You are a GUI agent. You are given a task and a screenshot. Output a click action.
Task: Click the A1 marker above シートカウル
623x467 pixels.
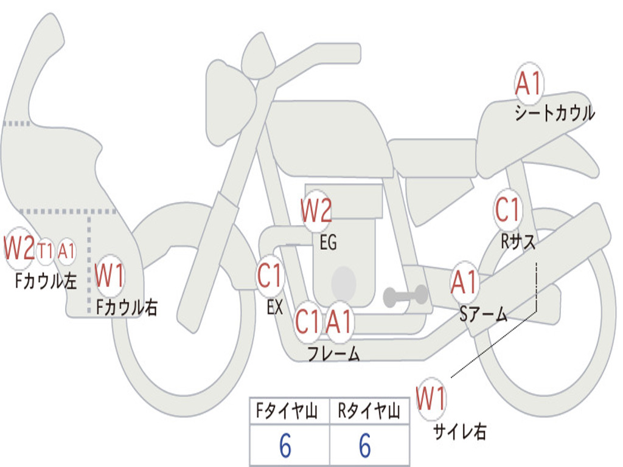pos(528,84)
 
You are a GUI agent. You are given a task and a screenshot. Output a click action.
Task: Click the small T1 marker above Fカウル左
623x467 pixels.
pos(46,250)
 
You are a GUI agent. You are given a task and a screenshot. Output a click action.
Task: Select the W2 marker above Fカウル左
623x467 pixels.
pos(19,248)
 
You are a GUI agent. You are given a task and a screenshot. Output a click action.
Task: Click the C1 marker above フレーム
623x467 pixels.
pos(307,321)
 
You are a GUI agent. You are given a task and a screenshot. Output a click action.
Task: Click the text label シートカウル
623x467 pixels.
pos(554,113)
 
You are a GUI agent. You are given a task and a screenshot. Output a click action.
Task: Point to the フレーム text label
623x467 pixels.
pos(333,354)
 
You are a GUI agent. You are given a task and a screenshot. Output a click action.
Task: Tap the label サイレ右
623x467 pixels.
pos(460,431)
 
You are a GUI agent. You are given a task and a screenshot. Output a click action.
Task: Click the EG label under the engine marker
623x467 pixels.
pos(328,243)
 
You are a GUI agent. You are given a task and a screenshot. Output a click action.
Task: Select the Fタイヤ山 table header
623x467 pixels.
pos(289,412)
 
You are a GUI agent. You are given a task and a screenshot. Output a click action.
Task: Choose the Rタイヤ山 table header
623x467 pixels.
pos(369,412)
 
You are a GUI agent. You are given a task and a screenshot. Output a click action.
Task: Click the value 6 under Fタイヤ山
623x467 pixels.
pos(285,447)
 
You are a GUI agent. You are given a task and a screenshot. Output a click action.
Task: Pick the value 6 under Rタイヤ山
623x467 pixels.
pos(364,447)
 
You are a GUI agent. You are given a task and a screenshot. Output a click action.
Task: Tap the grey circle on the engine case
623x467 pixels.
pos(344,281)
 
